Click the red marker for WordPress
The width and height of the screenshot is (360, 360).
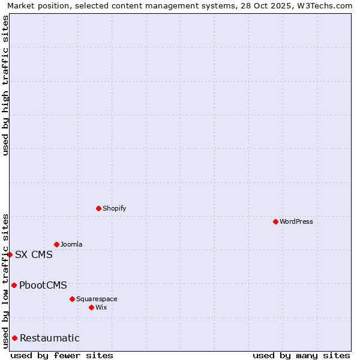click(275, 221)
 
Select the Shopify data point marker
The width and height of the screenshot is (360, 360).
click(98, 208)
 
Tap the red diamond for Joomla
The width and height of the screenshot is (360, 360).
click(56, 244)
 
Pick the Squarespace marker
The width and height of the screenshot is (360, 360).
click(72, 299)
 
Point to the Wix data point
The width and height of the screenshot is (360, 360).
click(91, 307)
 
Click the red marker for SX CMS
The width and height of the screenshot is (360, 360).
click(10, 254)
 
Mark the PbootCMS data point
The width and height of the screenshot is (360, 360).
click(14, 285)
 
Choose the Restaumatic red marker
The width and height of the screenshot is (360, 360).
click(14, 338)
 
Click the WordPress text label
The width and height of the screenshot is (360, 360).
click(296, 221)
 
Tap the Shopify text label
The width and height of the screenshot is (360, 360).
click(114, 208)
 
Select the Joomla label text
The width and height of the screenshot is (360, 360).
click(71, 244)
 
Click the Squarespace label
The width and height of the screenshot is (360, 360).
click(97, 299)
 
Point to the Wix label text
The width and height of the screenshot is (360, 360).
click(101, 307)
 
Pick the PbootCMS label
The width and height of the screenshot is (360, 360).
click(43, 285)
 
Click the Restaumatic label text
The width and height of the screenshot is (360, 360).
click(49, 338)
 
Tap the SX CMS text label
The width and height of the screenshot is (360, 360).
click(34, 254)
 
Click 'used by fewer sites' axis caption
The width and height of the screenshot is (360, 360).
click(62, 355)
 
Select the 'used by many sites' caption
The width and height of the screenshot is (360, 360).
click(301, 355)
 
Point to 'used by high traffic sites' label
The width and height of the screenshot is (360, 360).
click(6, 85)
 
